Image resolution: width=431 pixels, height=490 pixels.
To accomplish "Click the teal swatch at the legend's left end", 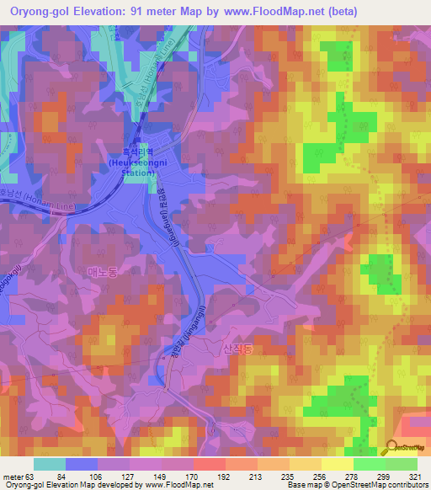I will pyautogui.click(x=49, y=463).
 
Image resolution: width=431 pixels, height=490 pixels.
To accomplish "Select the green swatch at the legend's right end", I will pyautogui.click(x=402, y=463).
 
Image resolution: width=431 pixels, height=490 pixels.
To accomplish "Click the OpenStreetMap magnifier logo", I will pyautogui.click(x=392, y=446).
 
